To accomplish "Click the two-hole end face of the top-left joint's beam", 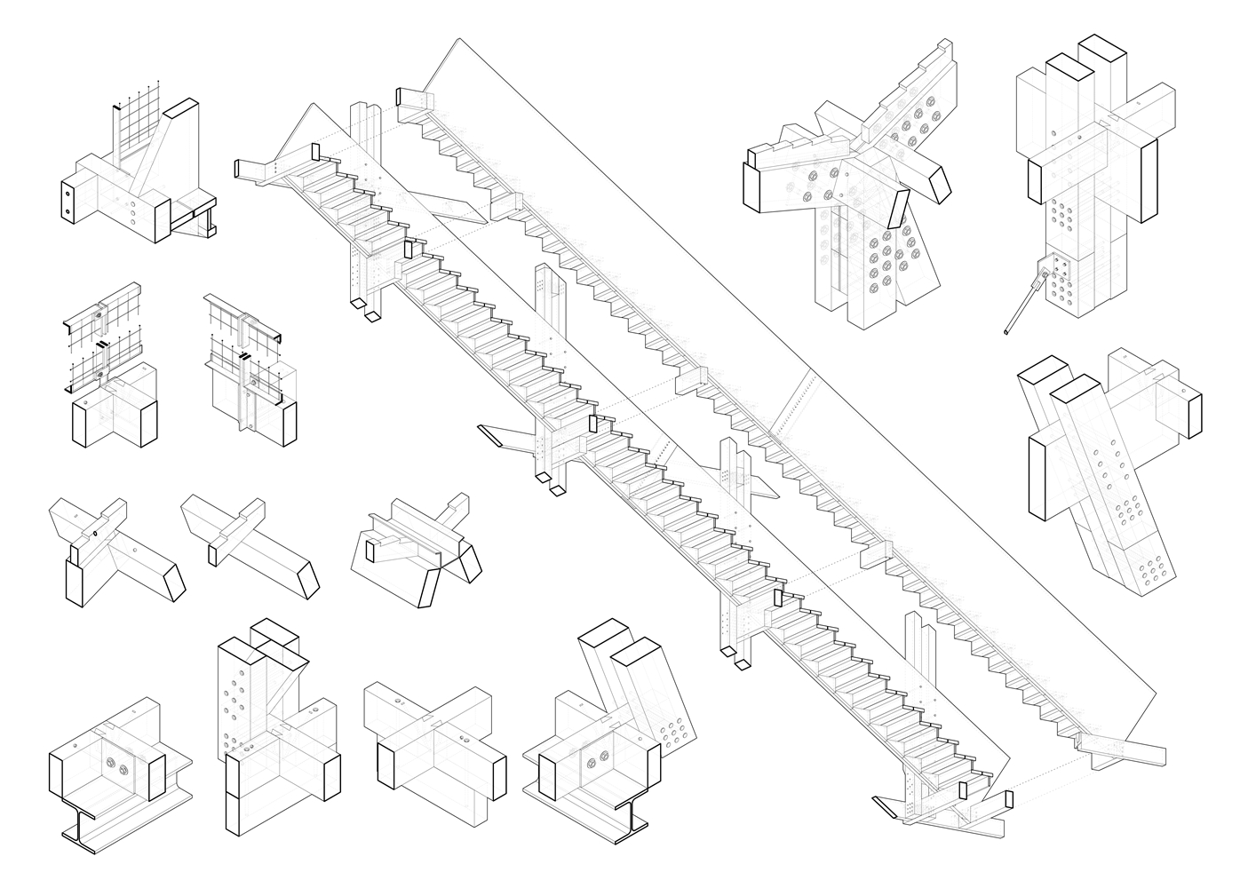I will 67,200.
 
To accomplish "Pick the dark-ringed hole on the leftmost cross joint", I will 93,534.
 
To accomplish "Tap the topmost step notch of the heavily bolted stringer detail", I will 942,53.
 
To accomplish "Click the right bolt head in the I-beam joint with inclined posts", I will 605,757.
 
